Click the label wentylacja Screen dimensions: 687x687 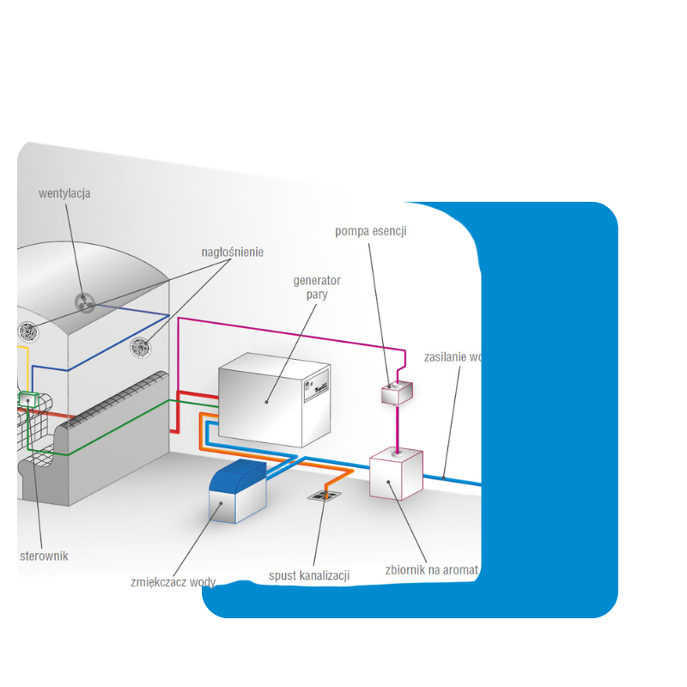point(64,193)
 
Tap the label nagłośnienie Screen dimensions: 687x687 point(232,252)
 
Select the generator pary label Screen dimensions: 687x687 point(317,288)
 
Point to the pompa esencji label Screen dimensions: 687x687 point(370,231)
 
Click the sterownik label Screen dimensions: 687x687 point(44,556)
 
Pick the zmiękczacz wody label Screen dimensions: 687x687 point(173,581)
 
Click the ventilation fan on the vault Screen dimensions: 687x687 point(84,302)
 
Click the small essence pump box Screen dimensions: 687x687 point(397,392)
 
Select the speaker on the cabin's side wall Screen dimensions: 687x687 point(140,347)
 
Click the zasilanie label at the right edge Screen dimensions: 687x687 point(450,356)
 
